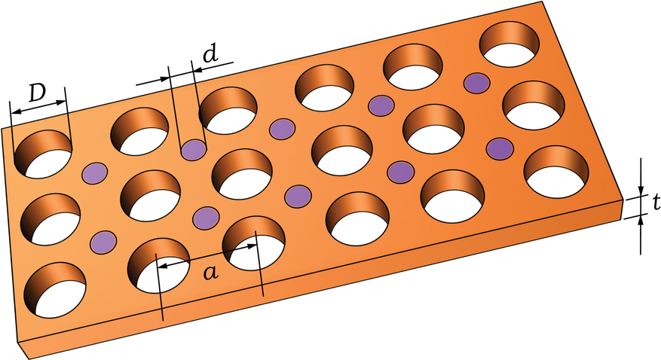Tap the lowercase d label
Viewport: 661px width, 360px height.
(210, 54)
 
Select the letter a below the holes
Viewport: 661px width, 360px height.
(211, 273)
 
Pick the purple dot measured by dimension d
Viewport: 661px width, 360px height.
(193, 150)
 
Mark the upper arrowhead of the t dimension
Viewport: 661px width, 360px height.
(640, 191)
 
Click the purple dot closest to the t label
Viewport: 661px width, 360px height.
(500, 148)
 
